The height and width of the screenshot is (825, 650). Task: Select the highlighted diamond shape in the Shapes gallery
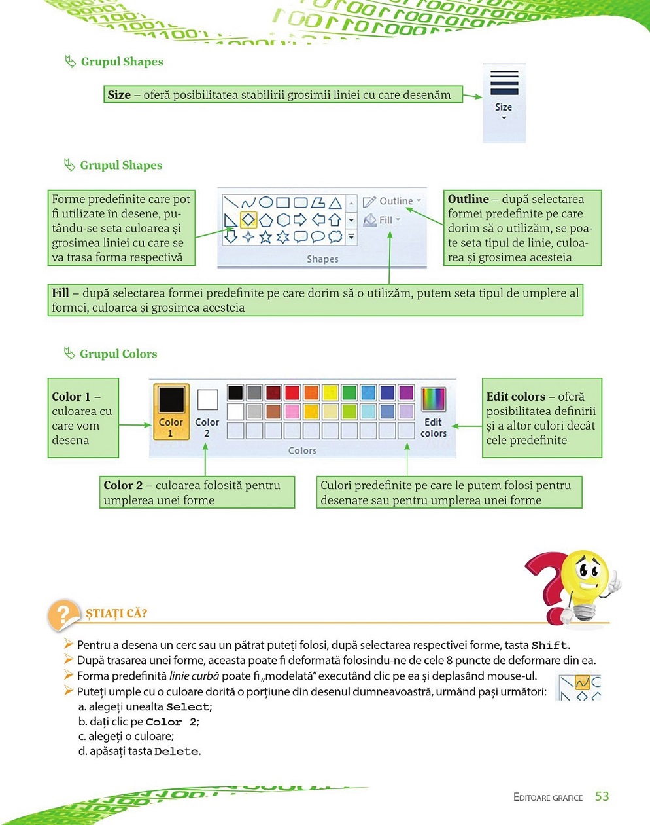click(x=248, y=220)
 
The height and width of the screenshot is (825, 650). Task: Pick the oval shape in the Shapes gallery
click(x=265, y=202)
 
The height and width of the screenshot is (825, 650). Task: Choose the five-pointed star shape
click(x=265, y=237)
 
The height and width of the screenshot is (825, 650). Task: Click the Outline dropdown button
click(x=392, y=201)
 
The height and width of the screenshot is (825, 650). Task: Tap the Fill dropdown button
click(x=383, y=220)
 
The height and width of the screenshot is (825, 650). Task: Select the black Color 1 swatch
click(x=171, y=399)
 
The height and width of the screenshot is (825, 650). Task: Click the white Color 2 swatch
click(x=207, y=399)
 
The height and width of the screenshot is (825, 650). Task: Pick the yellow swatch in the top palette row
click(x=330, y=393)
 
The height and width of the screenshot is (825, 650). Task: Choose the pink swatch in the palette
click(x=292, y=412)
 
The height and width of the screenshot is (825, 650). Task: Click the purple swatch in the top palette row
click(x=406, y=393)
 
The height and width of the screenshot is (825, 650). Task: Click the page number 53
click(x=602, y=796)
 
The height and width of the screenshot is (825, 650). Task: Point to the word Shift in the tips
click(x=549, y=645)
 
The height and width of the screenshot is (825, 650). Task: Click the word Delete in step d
click(x=176, y=752)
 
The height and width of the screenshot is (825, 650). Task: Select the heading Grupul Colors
click(x=118, y=354)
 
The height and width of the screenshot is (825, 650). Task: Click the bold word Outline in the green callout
click(x=468, y=199)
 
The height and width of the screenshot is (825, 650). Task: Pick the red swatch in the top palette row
click(x=292, y=393)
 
